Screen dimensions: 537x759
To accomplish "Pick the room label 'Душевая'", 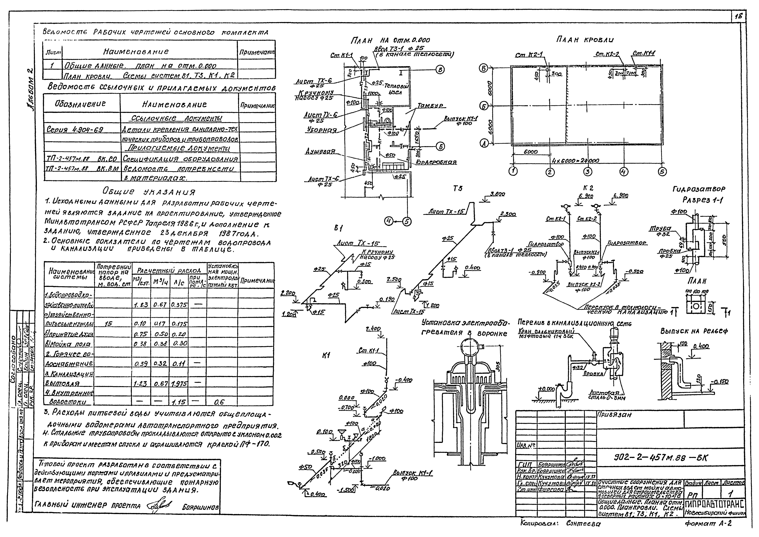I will [320, 152].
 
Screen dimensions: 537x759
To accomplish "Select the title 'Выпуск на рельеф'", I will [694, 331].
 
